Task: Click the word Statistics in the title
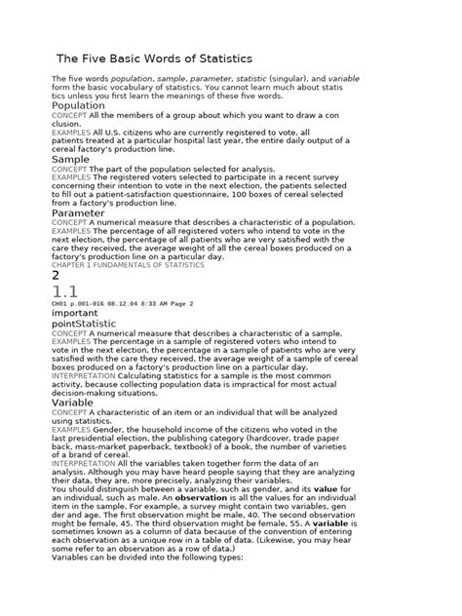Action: click(x=217, y=58)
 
